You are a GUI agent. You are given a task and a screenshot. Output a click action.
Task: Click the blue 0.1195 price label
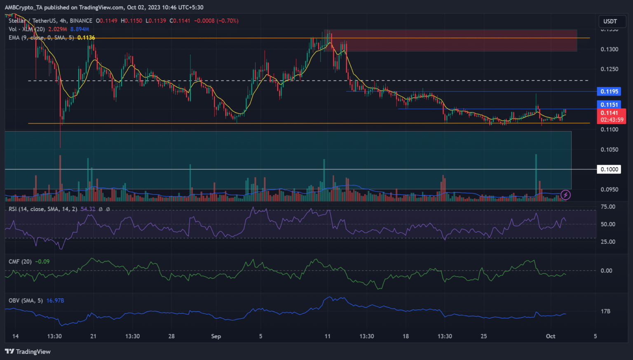coord(609,91)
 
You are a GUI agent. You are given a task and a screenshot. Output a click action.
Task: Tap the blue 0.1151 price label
coord(609,105)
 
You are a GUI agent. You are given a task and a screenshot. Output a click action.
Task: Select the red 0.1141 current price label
coord(609,113)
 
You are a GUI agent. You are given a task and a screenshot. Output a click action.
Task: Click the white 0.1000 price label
coord(609,169)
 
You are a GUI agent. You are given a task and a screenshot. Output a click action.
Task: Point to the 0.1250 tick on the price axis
coord(609,69)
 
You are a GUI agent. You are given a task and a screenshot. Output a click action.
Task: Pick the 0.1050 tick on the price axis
coord(609,150)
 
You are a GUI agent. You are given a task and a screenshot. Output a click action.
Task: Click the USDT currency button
coord(610,21)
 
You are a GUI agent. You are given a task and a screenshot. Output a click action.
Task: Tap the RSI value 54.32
coord(88,209)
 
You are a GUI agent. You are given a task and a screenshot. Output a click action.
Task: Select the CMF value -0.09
coord(42,262)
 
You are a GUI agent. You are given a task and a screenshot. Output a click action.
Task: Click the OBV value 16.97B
coord(55,301)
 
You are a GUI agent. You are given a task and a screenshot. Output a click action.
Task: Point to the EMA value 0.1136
coord(86,37)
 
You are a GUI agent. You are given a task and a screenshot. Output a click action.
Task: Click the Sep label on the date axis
coord(216,336)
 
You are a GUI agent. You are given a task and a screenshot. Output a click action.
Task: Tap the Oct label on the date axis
coord(551,336)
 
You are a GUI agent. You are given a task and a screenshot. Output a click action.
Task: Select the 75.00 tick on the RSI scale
coord(608,207)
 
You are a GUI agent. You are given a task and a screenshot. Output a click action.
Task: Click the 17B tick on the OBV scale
coord(605,311)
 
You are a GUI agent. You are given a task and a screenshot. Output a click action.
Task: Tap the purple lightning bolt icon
coord(566,194)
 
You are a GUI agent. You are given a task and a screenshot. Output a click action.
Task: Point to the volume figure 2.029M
coord(58,29)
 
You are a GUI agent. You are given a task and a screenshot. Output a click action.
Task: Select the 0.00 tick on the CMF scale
coord(606,271)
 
